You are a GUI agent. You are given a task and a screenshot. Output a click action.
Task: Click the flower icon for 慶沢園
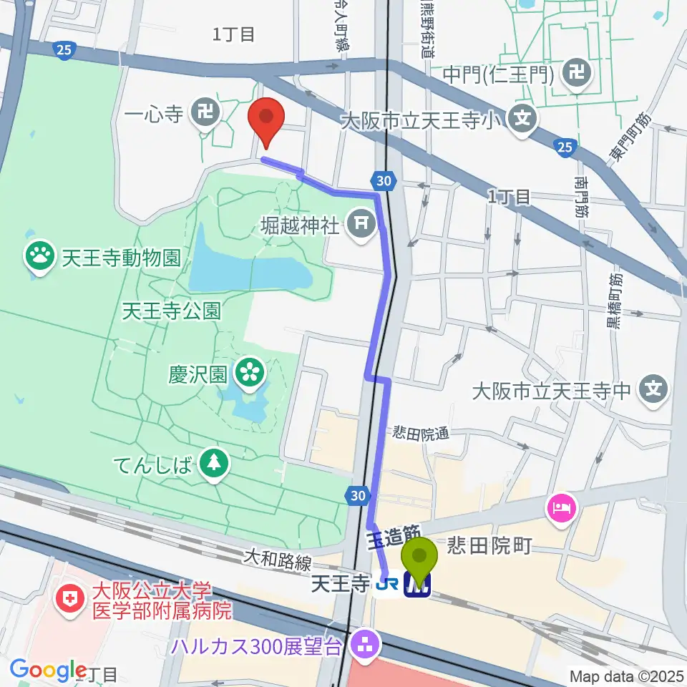point(250,371)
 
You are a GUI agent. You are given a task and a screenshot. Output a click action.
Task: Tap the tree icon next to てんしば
point(213,464)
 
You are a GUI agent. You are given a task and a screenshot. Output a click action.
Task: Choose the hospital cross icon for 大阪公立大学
point(70,599)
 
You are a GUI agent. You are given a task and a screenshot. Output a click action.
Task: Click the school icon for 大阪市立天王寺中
point(654,390)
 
